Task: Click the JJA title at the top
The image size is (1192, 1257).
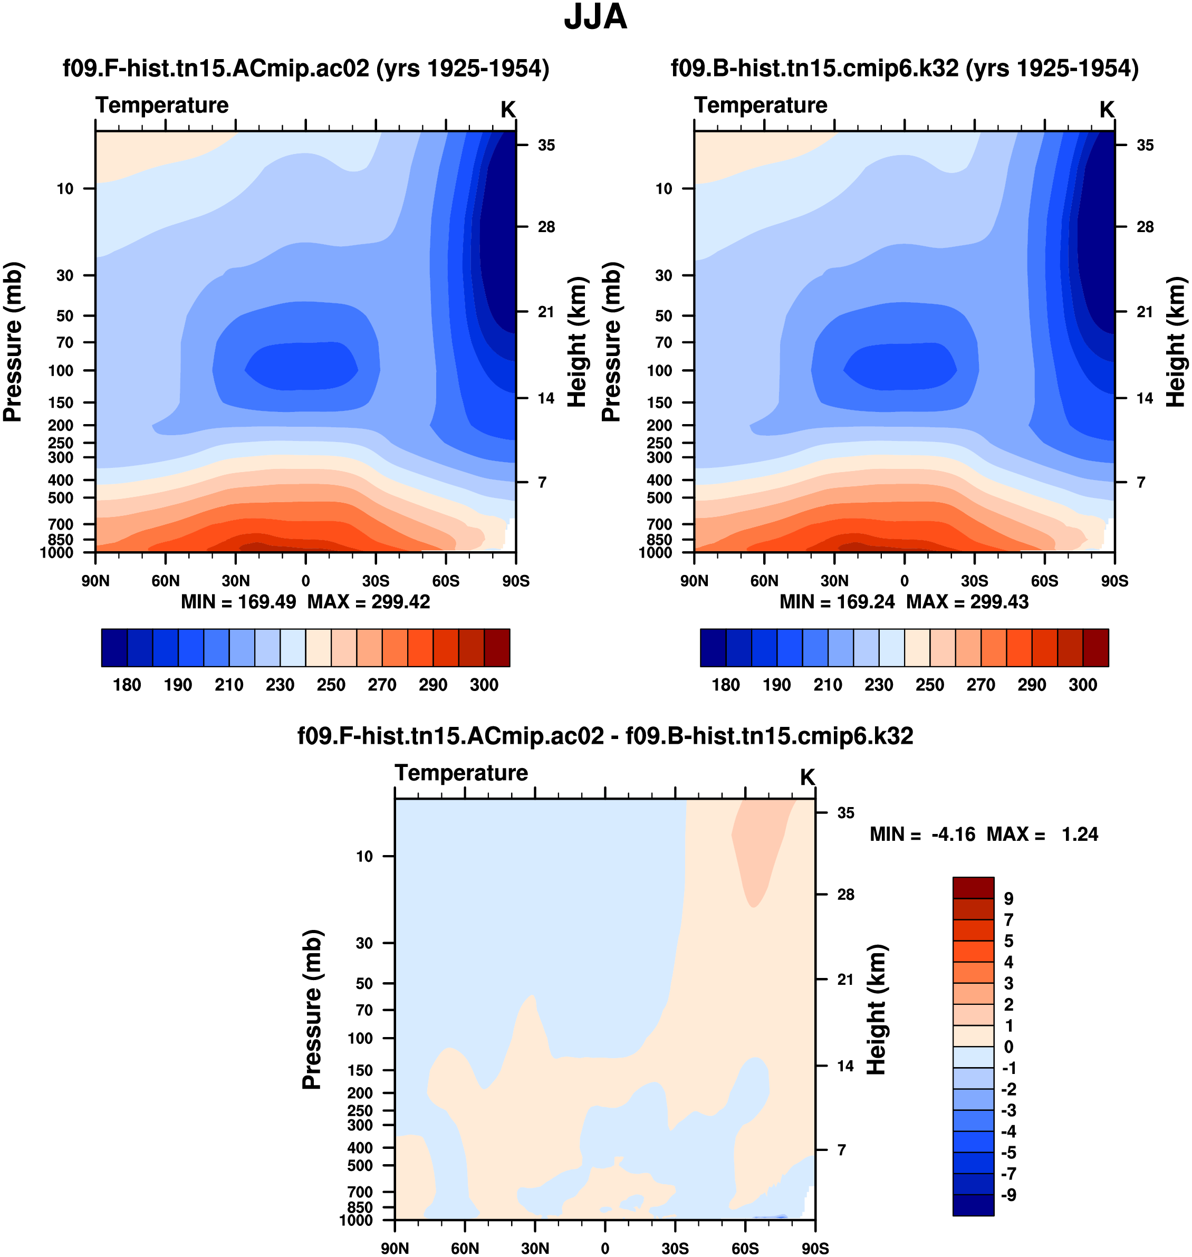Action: pos(595,18)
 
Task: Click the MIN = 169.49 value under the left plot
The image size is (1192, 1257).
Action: pos(238,602)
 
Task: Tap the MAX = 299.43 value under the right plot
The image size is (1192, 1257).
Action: pos(967,602)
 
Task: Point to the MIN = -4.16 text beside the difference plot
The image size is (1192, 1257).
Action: pos(922,834)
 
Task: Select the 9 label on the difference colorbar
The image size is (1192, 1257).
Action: pos(1008,899)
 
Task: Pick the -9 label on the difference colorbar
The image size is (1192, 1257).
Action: pos(1008,1195)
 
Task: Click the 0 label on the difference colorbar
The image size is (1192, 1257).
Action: pos(1008,1047)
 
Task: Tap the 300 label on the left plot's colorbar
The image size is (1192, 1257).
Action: pos(484,685)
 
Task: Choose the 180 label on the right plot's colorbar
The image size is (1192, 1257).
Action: pos(726,685)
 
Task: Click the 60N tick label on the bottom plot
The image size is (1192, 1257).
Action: pos(465,1248)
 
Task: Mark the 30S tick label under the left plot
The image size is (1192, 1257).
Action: pos(376,581)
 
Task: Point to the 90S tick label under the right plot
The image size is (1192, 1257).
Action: pos(1114,581)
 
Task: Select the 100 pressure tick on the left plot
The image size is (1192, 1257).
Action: pos(61,370)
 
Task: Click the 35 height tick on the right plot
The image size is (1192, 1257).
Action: pos(1145,146)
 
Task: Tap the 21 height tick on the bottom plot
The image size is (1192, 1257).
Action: pos(845,980)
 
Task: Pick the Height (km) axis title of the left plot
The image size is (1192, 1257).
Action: pos(576,342)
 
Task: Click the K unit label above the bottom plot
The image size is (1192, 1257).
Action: pos(807,777)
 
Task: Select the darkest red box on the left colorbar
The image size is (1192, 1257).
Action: pos(497,648)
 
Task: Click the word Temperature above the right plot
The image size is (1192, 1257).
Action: pos(761,105)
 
